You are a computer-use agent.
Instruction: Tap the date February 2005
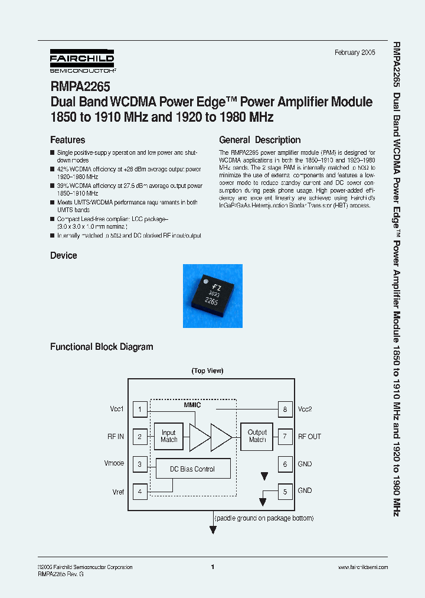pos(355,53)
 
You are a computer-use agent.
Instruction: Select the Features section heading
pos(68,140)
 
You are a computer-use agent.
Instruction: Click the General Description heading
pos(260,140)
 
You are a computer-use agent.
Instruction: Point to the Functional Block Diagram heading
pos(102,347)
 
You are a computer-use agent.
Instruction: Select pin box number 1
pos(140,409)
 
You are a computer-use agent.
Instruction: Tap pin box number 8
pos(285,409)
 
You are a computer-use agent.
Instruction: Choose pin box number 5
pos(285,490)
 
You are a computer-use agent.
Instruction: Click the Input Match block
pos(169,436)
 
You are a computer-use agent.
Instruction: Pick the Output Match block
pos(257,436)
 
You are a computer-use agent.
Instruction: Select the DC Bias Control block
pos(192,469)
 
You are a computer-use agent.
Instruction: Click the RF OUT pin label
pos(309,437)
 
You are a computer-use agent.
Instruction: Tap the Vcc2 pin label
pos(305,409)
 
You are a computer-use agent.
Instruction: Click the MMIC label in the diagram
pos(192,405)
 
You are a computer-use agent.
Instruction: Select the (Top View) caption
pos(207,371)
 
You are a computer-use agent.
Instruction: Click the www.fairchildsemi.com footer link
pos(363,567)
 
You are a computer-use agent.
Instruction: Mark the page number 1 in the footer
pos(212,567)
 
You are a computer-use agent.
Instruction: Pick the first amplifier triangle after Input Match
pos(200,437)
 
